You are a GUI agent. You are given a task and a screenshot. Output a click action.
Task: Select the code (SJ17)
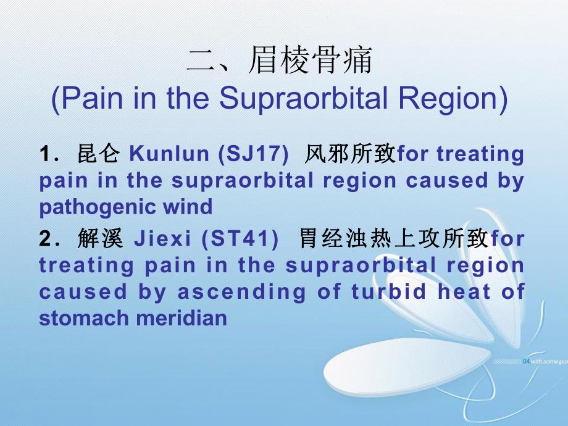click(x=254, y=154)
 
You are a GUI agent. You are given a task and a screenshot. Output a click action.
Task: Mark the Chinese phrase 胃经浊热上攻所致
click(x=394, y=238)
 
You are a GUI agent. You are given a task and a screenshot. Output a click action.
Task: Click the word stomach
click(x=82, y=318)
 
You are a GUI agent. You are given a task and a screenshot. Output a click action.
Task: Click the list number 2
click(x=45, y=239)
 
